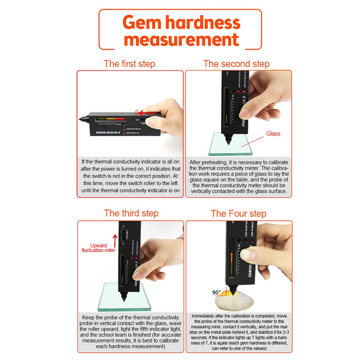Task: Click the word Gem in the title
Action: pyautogui.click(x=142, y=23)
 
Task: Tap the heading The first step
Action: pyautogui.click(x=129, y=64)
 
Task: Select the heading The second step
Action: pyautogui.click(x=236, y=64)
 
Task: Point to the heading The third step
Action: pyautogui.click(x=131, y=213)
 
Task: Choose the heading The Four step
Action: pyautogui.click(x=238, y=214)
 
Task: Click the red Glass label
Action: pyautogui.click(x=273, y=133)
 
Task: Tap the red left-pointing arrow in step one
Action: pyautogui.click(x=146, y=112)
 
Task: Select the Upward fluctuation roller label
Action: pyautogui.click(x=98, y=248)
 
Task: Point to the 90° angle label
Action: pyautogui.click(x=217, y=292)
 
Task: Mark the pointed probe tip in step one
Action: pyautogui.click(x=81, y=119)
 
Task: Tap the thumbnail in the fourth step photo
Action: pyautogui.click(x=248, y=255)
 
